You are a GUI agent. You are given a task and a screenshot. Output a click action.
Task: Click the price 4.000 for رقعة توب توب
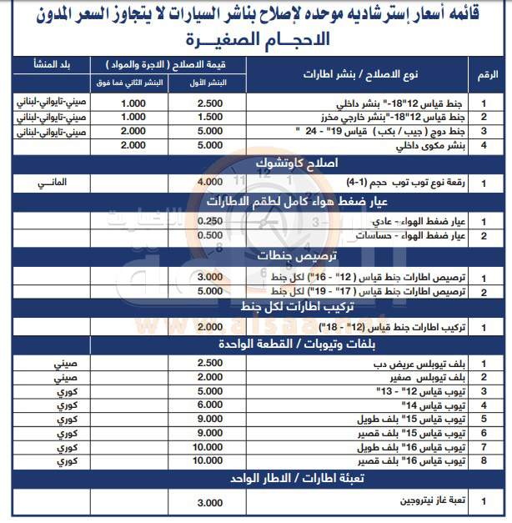210,182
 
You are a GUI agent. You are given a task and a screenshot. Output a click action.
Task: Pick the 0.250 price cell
210,220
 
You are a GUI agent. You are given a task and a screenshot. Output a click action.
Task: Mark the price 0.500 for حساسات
210,236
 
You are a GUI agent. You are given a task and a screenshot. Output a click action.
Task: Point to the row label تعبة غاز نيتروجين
424,503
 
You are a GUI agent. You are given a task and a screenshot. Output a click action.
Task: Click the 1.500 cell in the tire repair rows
210,117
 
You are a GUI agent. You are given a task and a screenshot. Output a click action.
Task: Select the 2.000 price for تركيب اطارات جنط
210,325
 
